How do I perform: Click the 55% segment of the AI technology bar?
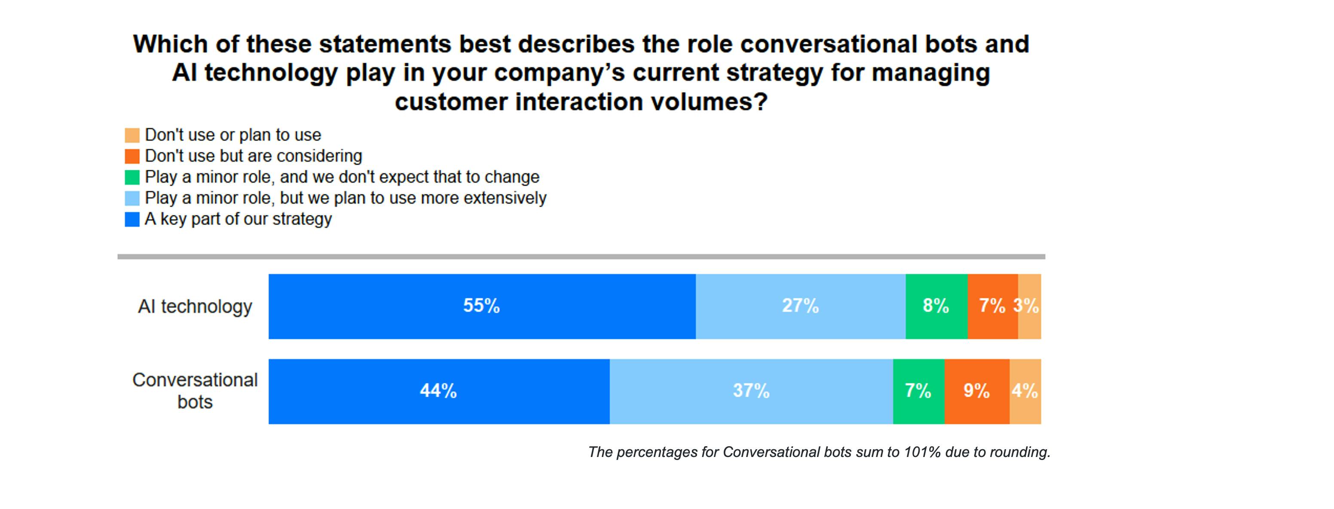click(x=482, y=306)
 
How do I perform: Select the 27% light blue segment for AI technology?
click(x=800, y=306)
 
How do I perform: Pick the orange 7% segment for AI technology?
click(x=992, y=306)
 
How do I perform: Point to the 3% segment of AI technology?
click(x=1029, y=306)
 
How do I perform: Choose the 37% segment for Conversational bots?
click(x=751, y=391)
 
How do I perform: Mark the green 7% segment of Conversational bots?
click(x=918, y=391)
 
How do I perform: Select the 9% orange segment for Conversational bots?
click(x=977, y=391)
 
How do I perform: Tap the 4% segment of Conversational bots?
click(x=1025, y=391)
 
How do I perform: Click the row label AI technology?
click(x=195, y=307)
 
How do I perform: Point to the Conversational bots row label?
click(x=195, y=391)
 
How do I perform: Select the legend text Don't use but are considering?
click(x=253, y=156)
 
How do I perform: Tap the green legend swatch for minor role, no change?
click(x=132, y=178)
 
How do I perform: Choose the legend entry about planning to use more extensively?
click(x=346, y=198)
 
